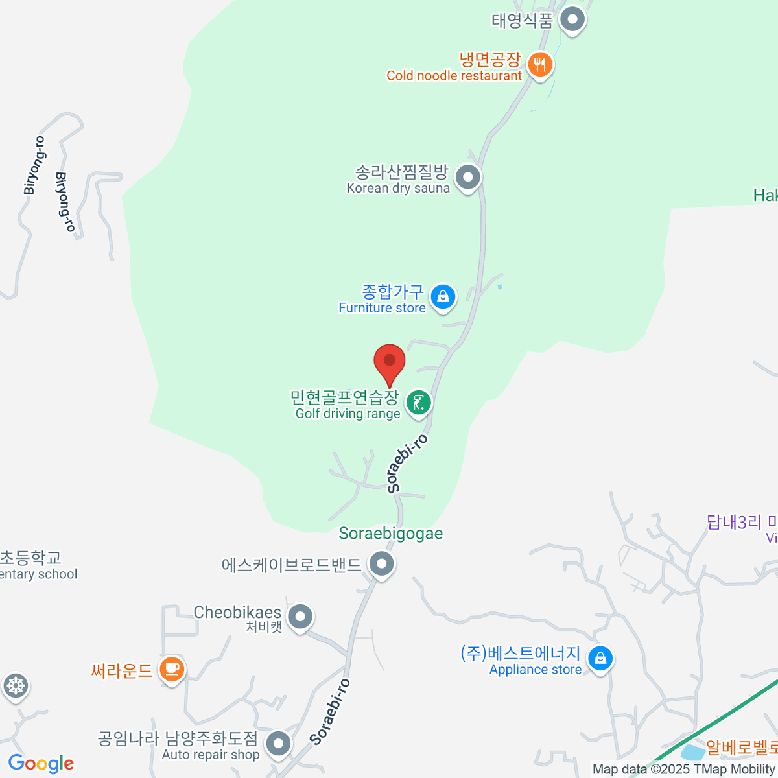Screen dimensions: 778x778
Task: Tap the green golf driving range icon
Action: (418, 403)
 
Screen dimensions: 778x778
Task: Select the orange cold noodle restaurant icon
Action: (539, 65)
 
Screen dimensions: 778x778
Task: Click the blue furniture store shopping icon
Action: (443, 297)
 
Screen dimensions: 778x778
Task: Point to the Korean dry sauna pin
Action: (467, 177)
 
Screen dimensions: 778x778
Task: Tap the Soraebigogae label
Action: (391, 534)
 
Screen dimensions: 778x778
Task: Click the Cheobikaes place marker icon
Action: (300, 617)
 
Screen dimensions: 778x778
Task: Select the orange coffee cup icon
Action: (172, 668)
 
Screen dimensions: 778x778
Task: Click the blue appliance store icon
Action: (600, 659)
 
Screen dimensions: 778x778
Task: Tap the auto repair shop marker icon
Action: (279, 744)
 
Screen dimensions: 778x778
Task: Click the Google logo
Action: (41, 764)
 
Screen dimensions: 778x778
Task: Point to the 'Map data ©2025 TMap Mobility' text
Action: (684, 770)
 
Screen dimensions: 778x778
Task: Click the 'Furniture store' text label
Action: (382, 308)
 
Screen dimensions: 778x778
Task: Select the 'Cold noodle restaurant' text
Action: (454, 76)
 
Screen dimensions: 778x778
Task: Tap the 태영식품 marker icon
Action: (572, 19)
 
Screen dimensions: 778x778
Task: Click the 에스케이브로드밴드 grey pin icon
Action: (381, 564)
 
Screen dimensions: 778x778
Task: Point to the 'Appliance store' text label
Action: (536, 670)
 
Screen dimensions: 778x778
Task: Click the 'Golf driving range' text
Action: (348, 414)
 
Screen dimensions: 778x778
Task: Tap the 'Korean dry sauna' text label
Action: (398, 188)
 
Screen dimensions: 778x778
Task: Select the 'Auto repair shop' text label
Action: (211, 755)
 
